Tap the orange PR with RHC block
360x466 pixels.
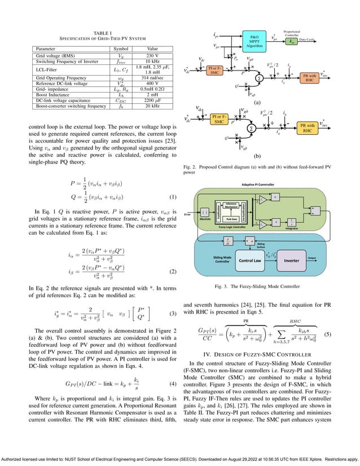point(309,77)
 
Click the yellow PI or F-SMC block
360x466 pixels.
point(214,71)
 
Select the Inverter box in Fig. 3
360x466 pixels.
point(291,261)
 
